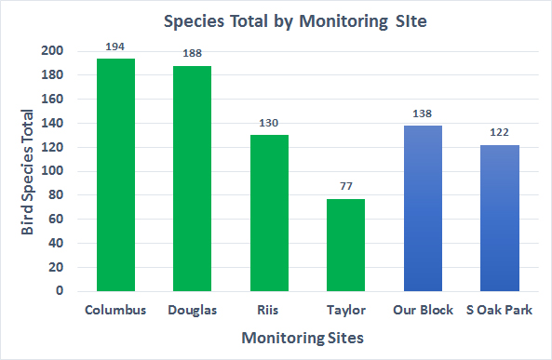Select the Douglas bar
[192, 179]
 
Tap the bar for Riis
[269, 213]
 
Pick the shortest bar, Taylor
[345, 245]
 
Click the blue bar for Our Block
[423, 208]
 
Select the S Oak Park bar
[499, 218]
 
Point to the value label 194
[115, 47]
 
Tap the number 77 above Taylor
[345, 187]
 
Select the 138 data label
[423, 113]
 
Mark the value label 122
[499, 133]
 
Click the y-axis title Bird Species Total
[28, 172]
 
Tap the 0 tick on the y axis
[60, 291]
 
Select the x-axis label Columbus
[115, 310]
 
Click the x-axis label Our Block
[423, 310]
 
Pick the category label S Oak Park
[499, 310]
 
